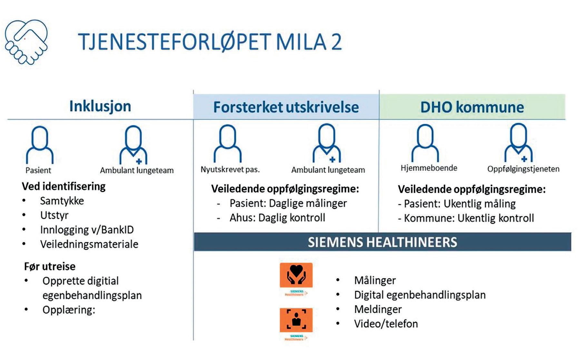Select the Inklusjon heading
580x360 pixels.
(100, 106)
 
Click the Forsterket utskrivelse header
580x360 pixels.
(286, 107)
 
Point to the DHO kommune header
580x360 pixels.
(472, 107)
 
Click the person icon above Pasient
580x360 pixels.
(40, 145)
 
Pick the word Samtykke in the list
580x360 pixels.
(62, 201)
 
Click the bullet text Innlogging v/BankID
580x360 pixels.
(87, 230)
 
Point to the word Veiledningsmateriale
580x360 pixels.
(89, 244)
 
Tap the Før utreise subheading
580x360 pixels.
(50, 266)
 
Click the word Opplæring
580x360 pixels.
(69, 310)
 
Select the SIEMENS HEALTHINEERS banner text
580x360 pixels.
(382, 242)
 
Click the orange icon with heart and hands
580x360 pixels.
(296, 275)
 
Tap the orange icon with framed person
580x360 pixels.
(296, 320)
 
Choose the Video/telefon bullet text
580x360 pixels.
(386, 324)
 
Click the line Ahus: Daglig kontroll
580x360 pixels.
(277, 218)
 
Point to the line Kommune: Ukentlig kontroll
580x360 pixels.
(469, 218)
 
